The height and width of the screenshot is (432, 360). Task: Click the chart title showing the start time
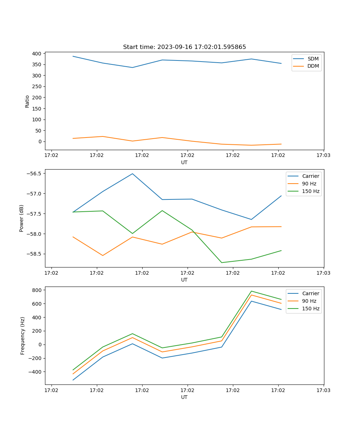(184, 47)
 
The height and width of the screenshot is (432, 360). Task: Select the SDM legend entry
(313, 59)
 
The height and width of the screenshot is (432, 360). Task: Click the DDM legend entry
(313, 66)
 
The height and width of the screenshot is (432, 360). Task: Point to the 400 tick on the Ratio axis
(36, 54)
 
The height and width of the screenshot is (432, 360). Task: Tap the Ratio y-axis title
(27, 102)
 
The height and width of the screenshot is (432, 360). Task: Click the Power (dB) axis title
(22, 218)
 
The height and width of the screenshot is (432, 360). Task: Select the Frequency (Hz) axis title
(23, 336)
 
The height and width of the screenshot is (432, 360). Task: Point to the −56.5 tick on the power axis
(34, 174)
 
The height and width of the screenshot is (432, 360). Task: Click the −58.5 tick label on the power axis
(34, 254)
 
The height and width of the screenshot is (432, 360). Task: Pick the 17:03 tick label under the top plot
(323, 156)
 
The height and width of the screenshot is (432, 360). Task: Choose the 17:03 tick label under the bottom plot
(323, 390)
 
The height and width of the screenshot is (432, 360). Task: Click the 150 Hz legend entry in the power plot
(311, 191)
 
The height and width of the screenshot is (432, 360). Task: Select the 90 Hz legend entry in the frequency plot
(309, 301)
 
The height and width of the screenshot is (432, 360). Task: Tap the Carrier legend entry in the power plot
(310, 176)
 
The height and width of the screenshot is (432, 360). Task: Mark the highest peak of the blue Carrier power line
(132, 174)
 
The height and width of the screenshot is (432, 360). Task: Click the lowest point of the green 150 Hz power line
(221, 262)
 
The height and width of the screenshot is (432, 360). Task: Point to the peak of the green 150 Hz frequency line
(251, 291)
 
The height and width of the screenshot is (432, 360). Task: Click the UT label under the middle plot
(184, 280)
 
